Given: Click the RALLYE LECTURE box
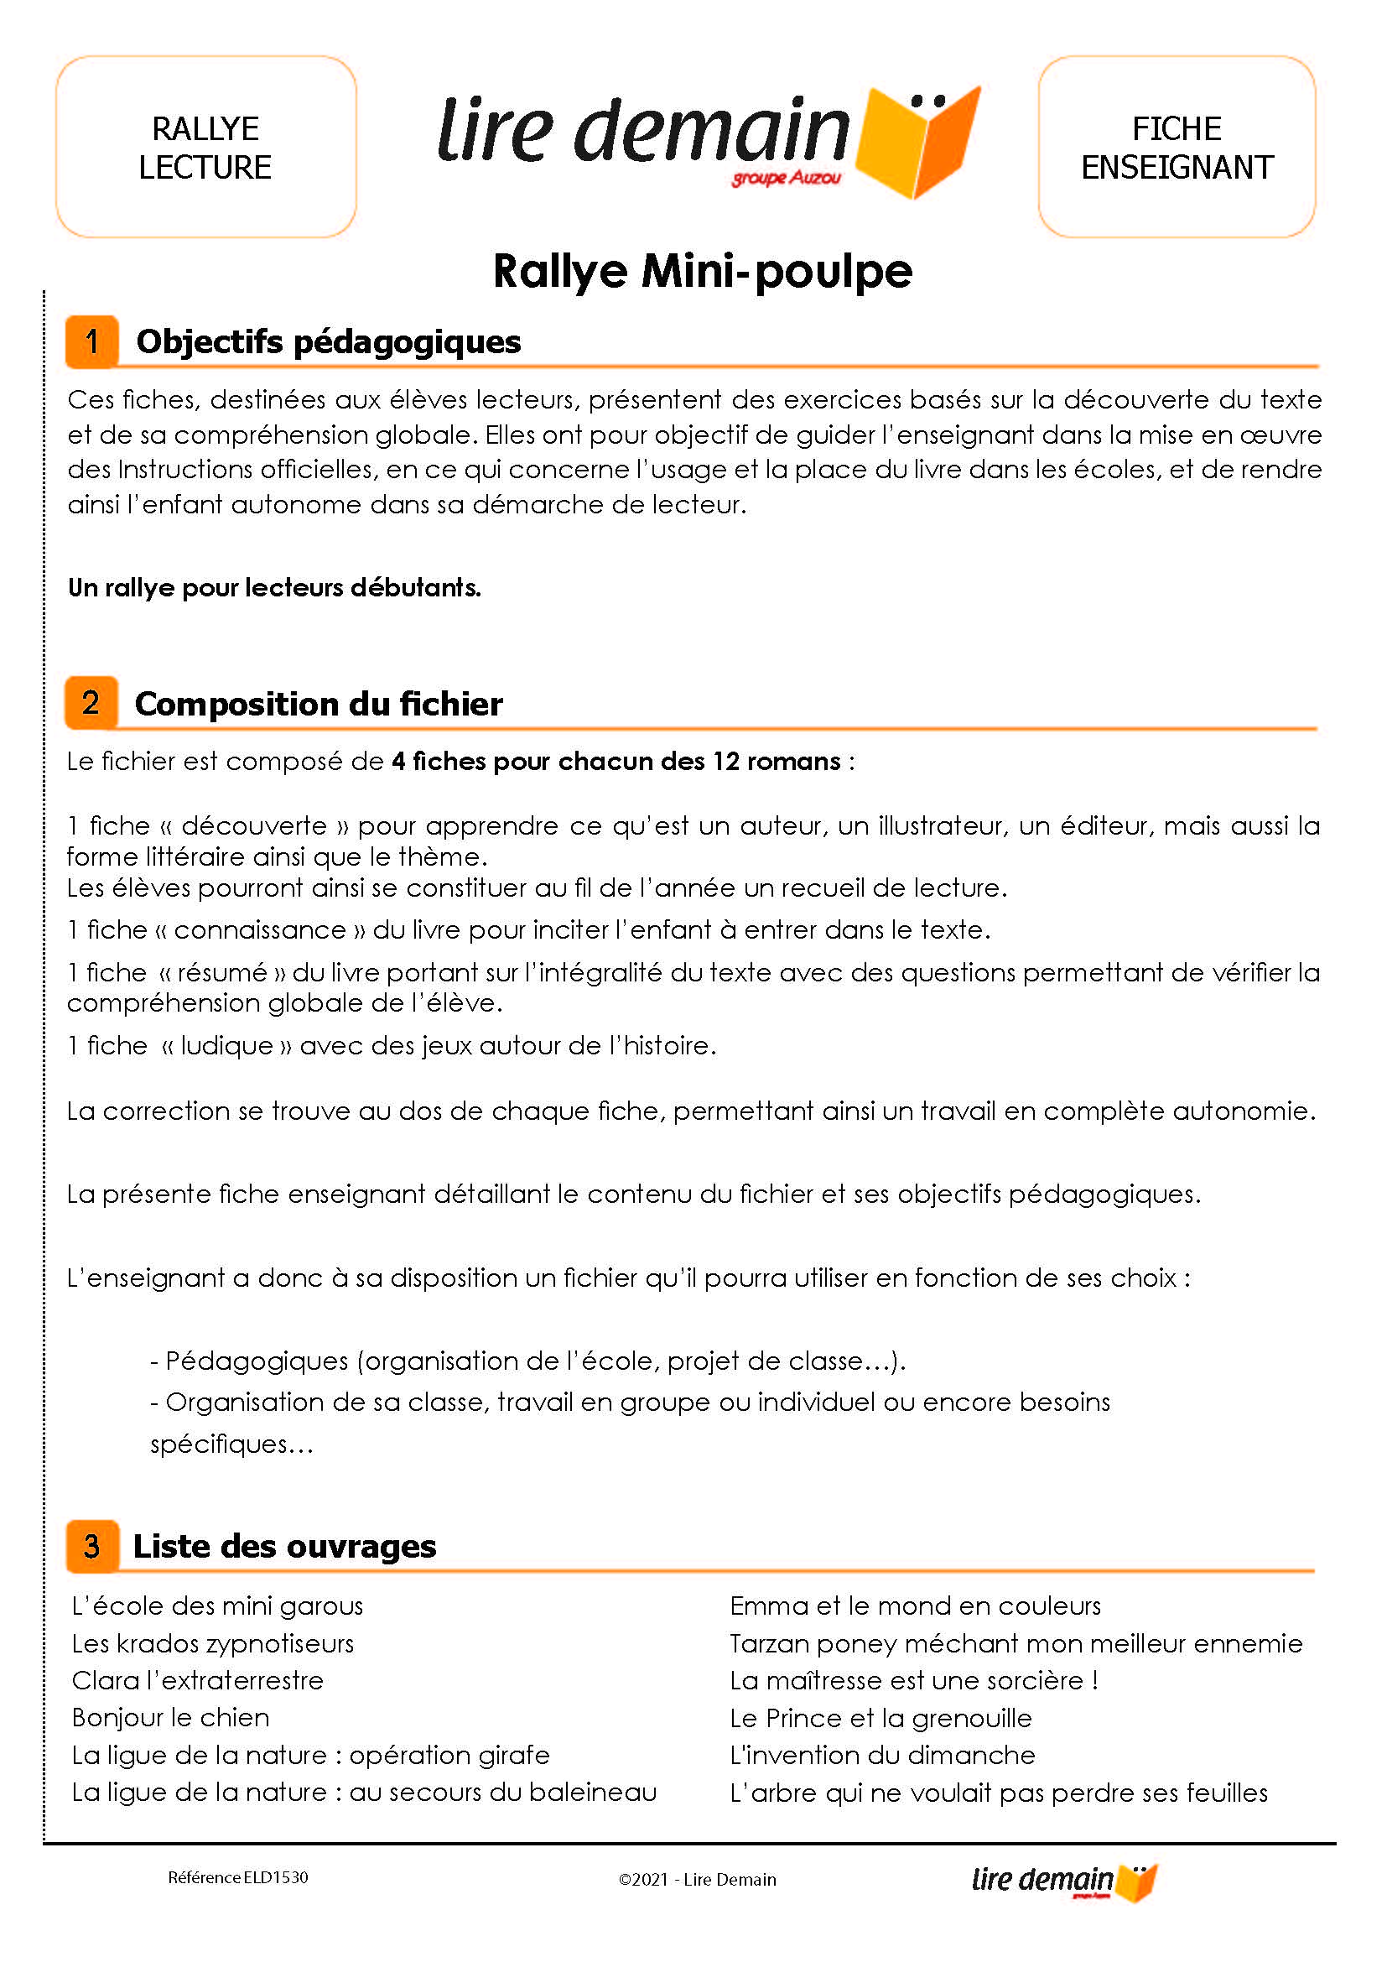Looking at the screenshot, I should [205, 147].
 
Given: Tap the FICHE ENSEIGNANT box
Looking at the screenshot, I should [1176, 147].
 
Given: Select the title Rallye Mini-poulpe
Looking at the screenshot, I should [702, 272].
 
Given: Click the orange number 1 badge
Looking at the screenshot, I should [91, 341].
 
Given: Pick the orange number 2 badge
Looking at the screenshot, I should [91, 703].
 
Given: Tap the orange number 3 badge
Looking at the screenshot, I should [91, 1546].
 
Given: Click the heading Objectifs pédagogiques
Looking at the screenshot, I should [328, 341].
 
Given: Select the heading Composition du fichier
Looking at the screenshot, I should [319, 704].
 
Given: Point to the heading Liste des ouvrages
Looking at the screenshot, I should [284, 1546].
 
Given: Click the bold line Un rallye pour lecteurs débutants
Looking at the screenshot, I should [274, 588].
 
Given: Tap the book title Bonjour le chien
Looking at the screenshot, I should [171, 1718].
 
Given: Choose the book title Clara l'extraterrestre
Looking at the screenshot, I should [197, 1680].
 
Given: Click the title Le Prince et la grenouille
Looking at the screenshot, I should [881, 1718].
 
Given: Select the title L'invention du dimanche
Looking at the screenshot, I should [882, 1755].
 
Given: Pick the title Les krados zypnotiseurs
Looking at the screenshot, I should [213, 1643].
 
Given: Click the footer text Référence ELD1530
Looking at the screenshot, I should [237, 1877].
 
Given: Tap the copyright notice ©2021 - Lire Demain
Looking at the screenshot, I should [697, 1879].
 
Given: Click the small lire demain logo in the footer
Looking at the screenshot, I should [1063, 1881].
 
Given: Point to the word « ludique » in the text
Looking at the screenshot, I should [226, 1045].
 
